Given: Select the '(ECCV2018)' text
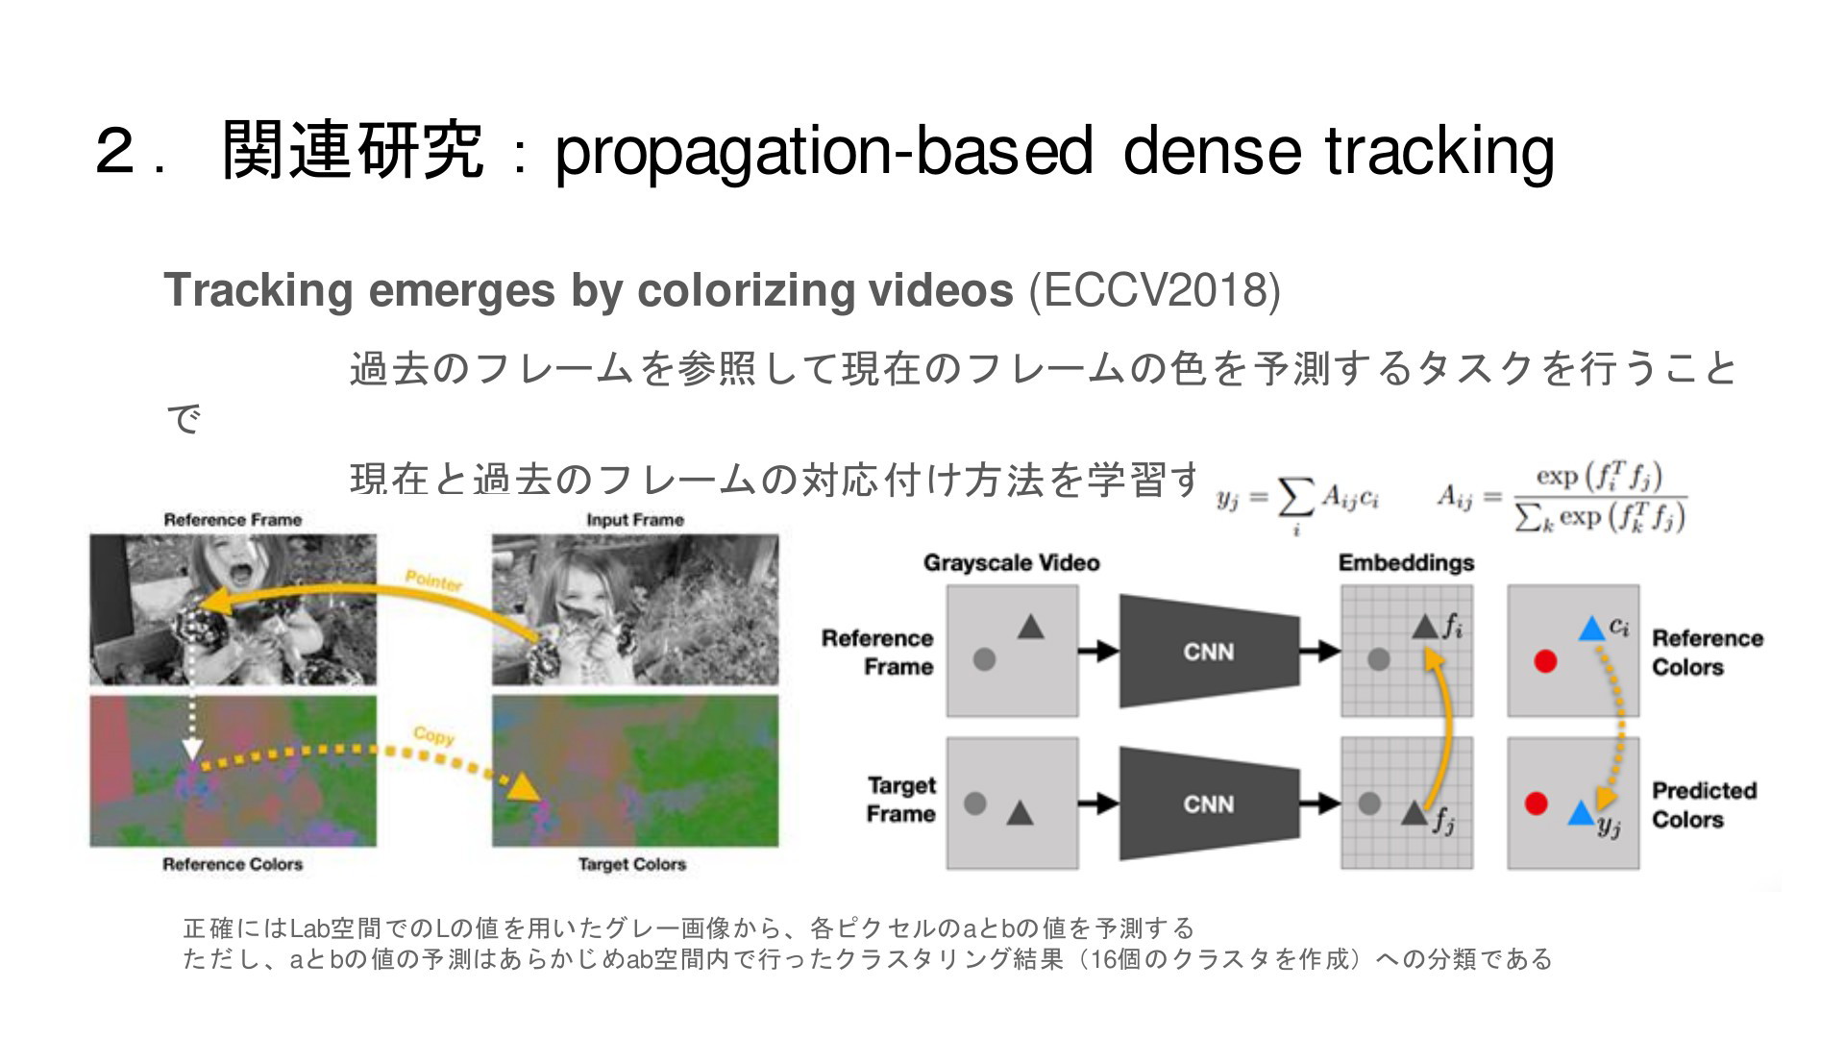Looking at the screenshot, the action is click(1155, 290).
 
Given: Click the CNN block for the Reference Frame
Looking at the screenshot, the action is click(1208, 652).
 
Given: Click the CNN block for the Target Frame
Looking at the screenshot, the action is click(1208, 803).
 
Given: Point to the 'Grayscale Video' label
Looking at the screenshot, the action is click(1011, 562).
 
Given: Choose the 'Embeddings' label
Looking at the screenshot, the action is click(1406, 562).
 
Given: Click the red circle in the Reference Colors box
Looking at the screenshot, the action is click(1545, 661).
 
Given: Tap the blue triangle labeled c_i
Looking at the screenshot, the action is click(1592, 629).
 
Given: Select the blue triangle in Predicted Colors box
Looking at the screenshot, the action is click(1581, 813).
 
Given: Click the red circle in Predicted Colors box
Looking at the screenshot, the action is click(1537, 803).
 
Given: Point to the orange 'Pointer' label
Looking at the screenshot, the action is click(433, 581).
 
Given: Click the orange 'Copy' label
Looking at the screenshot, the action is click(433, 735).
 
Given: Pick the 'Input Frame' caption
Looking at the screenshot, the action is click(635, 520).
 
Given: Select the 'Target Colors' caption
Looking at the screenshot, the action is click(632, 864).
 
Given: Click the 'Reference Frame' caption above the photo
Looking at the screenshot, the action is click(233, 520).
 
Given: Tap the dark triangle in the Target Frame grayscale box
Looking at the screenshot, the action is click(1020, 813).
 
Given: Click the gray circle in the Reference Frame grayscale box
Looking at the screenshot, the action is click(984, 660).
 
